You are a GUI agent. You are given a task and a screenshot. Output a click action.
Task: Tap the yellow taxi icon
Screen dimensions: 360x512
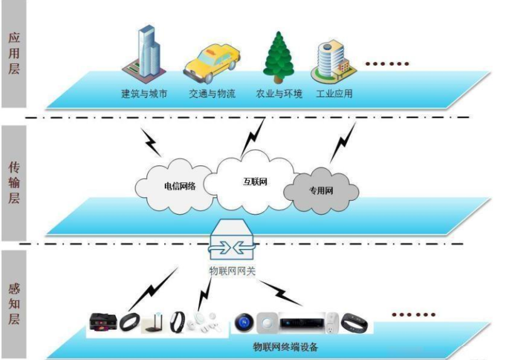click(211, 63)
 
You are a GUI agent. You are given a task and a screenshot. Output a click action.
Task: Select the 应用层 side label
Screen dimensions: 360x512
click(14, 53)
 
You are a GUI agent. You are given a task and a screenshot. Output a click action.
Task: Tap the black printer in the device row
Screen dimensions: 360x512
click(103, 322)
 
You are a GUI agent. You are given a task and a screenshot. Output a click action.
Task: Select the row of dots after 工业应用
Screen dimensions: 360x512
click(387, 63)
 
